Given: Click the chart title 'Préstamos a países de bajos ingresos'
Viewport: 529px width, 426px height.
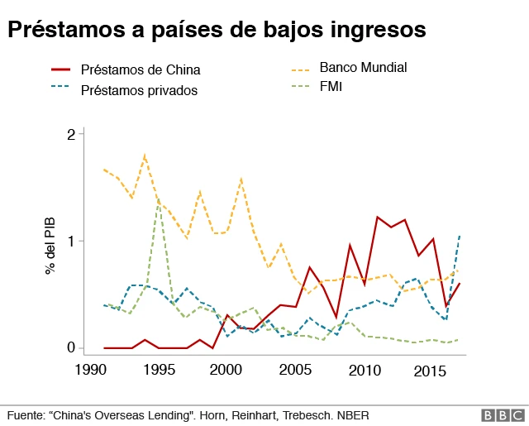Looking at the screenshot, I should [217, 31].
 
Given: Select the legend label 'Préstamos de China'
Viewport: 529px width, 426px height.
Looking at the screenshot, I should [141, 69].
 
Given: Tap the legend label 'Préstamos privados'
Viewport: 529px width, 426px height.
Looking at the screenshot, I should [139, 90].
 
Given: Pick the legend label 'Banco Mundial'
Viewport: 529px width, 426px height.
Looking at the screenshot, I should [364, 67].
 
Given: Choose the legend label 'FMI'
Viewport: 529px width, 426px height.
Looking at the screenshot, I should [331, 86].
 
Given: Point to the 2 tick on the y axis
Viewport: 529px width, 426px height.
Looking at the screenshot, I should [70, 134].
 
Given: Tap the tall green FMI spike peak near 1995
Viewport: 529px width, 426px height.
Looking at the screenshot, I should [158, 199].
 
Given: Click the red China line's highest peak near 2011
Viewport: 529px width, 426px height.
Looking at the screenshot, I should [377, 217].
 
